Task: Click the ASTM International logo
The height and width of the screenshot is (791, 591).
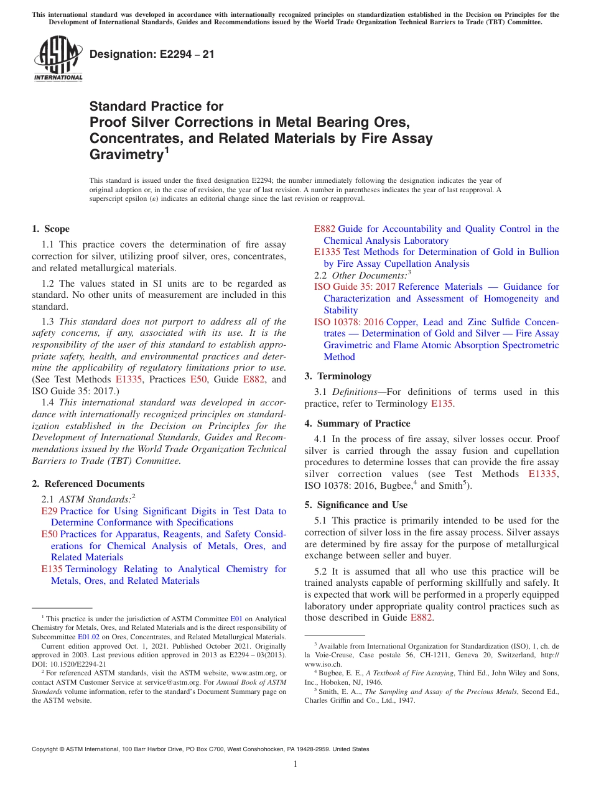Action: point(57,59)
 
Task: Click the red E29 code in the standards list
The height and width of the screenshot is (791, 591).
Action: point(49,511)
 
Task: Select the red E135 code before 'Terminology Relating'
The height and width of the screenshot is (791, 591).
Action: point(52,569)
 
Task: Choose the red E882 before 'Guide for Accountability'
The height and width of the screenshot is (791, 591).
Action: point(324,229)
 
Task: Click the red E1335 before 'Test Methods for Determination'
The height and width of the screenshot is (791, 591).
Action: point(327,252)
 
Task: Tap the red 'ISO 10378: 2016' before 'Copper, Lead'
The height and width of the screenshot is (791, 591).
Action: point(349,322)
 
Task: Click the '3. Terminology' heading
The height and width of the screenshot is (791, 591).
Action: point(338,376)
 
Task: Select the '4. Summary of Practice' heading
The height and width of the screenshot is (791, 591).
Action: point(357,423)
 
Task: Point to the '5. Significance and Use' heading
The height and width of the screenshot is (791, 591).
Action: point(356,505)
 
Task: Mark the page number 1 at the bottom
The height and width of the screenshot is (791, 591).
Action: point(295,764)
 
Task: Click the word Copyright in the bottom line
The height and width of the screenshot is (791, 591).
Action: point(46,749)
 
